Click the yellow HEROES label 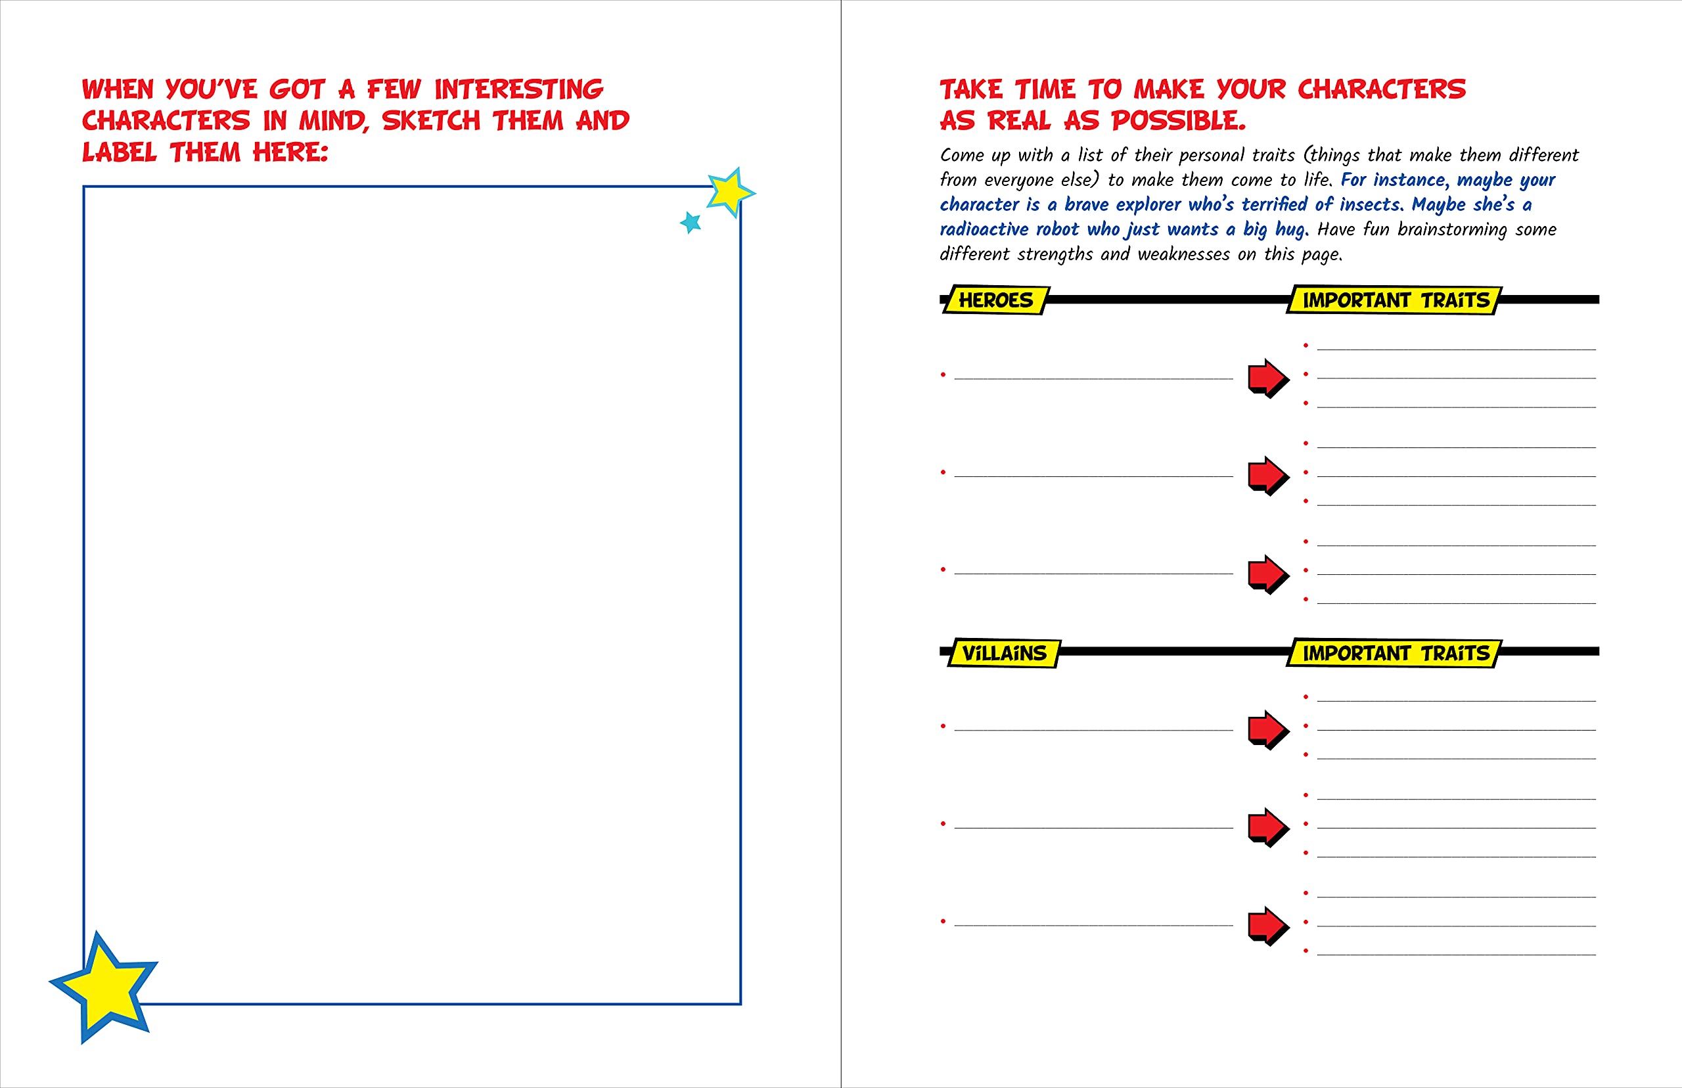(x=996, y=300)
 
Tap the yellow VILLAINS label (x=1004, y=653)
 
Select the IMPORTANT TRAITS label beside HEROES (x=1394, y=300)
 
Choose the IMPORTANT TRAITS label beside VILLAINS (x=1394, y=653)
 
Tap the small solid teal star (x=691, y=223)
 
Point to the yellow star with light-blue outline (x=730, y=191)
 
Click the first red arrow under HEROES (x=1268, y=378)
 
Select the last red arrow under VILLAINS (x=1268, y=926)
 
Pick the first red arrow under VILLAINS (x=1268, y=729)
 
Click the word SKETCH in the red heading (x=431, y=121)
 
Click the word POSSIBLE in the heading (x=1178, y=121)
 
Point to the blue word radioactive (x=984, y=229)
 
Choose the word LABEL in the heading (x=120, y=152)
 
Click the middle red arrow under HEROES (x=1268, y=476)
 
